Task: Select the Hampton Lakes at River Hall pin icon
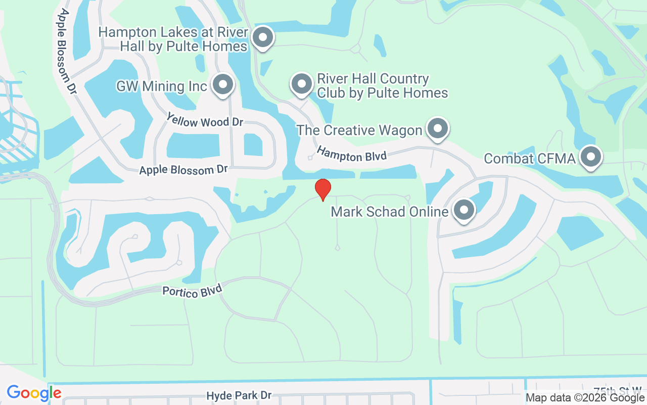[x=263, y=37]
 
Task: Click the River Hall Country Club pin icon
[x=302, y=84]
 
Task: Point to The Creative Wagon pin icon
[x=437, y=129]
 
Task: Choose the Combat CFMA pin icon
[x=590, y=157]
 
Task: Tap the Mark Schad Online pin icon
[x=464, y=210]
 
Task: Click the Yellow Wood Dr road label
[x=205, y=120]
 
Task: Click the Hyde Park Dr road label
[x=239, y=395]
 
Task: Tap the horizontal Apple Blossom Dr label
[x=183, y=170]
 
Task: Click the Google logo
[x=34, y=393]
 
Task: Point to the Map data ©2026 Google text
[x=585, y=397]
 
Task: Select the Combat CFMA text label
[x=530, y=158]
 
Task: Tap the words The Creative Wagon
[x=359, y=130]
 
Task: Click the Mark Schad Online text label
[x=390, y=211]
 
